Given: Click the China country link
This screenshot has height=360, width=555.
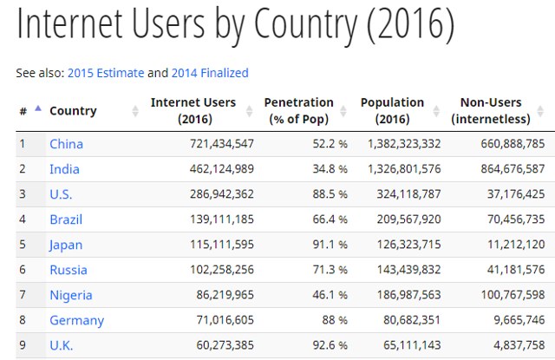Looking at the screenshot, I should point(66,144).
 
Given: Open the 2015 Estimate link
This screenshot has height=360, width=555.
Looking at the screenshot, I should point(105,73).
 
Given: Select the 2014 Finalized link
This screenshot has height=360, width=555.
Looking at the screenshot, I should point(210,73).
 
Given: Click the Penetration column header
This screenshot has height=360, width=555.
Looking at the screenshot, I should point(298,110).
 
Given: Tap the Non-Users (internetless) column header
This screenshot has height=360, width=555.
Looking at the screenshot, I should point(498,110).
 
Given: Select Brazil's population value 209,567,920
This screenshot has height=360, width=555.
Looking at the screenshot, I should point(404,219).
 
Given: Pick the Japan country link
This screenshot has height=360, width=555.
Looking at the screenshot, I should point(66,245).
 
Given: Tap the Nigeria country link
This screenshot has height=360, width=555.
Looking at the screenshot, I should point(70,295).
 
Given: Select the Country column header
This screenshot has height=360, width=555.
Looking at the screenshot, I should point(73,111).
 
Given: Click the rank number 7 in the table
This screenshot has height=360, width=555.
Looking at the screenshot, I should point(23,295).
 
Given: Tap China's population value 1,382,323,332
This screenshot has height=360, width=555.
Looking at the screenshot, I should point(404,144).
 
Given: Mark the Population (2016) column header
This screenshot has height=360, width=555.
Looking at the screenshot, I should point(392,110).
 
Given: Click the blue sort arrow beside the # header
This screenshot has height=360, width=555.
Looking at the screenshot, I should point(37,108).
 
